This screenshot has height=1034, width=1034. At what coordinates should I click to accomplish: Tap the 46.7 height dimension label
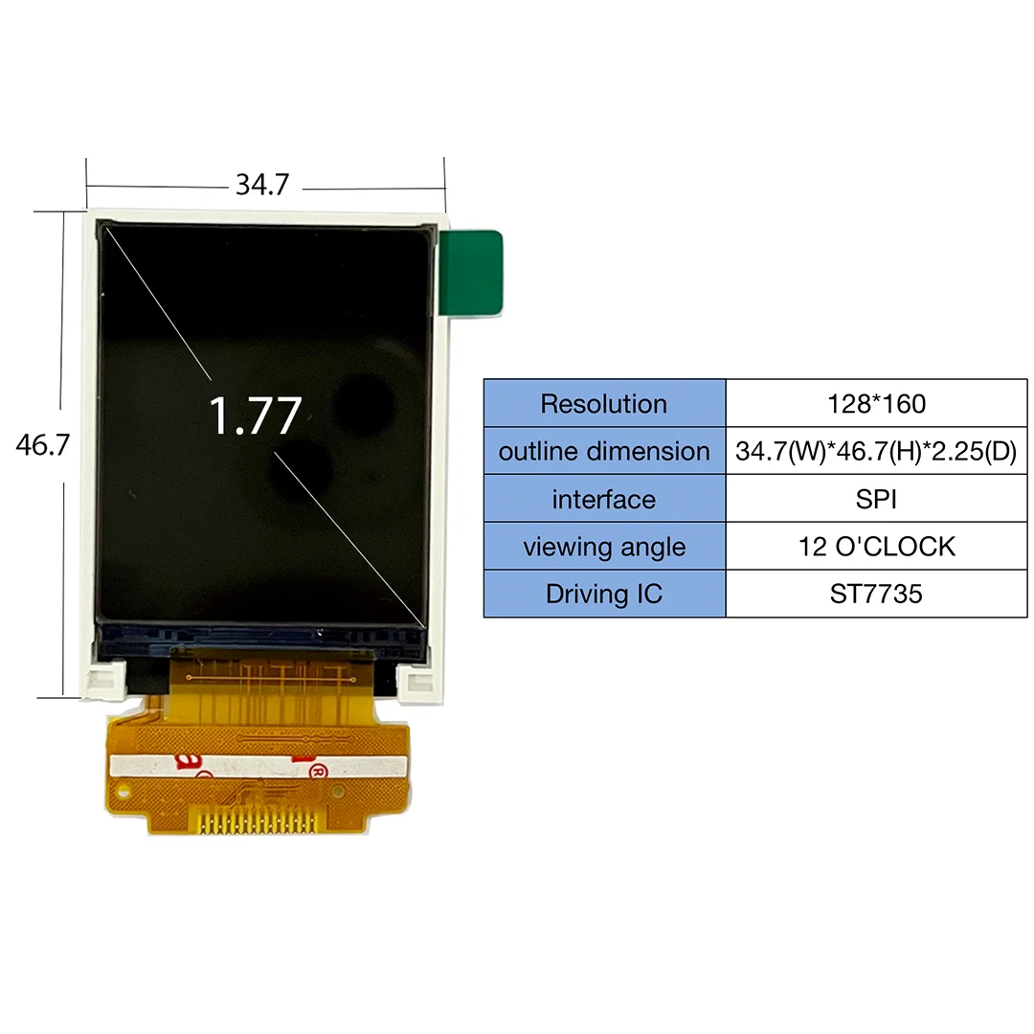point(42,445)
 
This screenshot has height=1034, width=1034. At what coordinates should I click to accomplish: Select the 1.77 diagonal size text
point(255,416)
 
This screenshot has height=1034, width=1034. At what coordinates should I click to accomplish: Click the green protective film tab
point(471,273)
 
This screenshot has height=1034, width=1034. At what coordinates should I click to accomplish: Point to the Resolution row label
point(604,404)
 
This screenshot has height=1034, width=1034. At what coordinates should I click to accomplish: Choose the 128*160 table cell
point(876,404)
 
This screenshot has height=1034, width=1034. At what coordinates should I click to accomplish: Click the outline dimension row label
point(604,452)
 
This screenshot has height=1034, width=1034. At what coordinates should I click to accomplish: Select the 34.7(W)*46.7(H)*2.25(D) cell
point(876,452)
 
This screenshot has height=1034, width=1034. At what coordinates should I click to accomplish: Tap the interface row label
point(604,500)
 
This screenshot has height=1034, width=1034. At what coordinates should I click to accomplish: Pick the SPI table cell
point(876,500)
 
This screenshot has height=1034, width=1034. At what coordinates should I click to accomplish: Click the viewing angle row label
point(604,548)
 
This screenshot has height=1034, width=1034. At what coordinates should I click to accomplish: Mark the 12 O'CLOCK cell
point(876,548)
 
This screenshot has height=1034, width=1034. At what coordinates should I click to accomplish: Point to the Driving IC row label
point(604,595)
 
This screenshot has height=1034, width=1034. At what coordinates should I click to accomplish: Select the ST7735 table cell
point(876,595)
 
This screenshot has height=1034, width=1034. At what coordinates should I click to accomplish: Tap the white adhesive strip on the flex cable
point(258,766)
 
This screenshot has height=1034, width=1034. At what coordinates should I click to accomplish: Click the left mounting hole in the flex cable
point(123,792)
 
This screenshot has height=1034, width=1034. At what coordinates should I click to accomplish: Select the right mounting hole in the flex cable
point(338,792)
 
